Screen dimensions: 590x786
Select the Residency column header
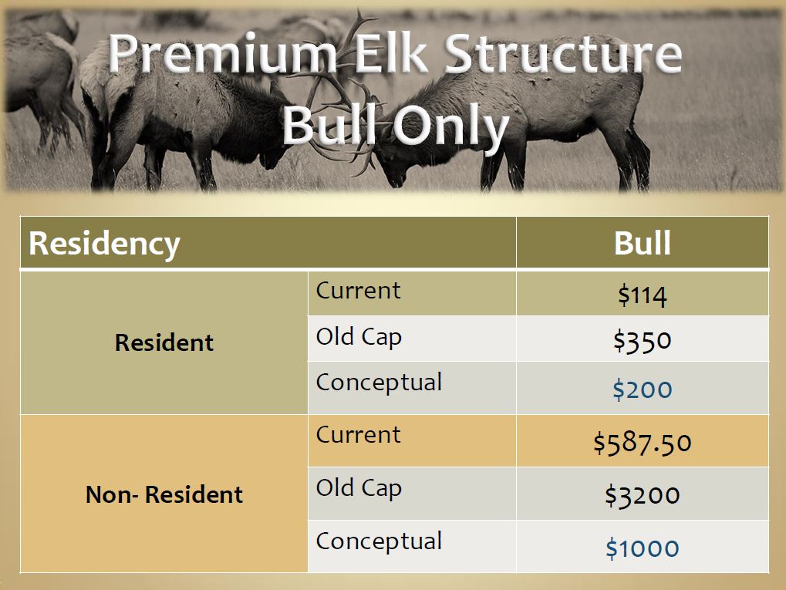pyautogui.click(x=105, y=244)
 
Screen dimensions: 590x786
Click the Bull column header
pyautogui.click(x=642, y=244)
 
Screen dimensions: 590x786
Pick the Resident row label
pyautogui.click(x=164, y=342)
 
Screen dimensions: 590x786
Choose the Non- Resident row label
pyautogui.click(x=164, y=494)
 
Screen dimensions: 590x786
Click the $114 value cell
pyautogui.click(x=642, y=295)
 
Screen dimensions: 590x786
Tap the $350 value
pyautogui.click(x=642, y=340)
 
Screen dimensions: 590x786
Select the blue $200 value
pyautogui.click(x=642, y=389)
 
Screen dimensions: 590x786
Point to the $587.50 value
pyautogui.click(x=642, y=443)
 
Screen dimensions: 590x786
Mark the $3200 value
pyautogui.click(x=642, y=495)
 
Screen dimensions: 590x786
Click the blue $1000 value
pyautogui.click(x=642, y=548)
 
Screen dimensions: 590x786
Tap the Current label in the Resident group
pyautogui.click(x=358, y=291)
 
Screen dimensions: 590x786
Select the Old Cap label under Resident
pyautogui.click(x=359, y=338)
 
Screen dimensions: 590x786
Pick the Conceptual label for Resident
pyautogui.click(x=379, y=383)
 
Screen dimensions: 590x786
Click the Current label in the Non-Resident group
pyautogui.click(x=358, y=435)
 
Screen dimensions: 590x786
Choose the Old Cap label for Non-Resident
pyautogui.click(x=359, y=489)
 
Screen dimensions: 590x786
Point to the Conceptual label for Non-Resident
pyautogui.click(x=379, y=541)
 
